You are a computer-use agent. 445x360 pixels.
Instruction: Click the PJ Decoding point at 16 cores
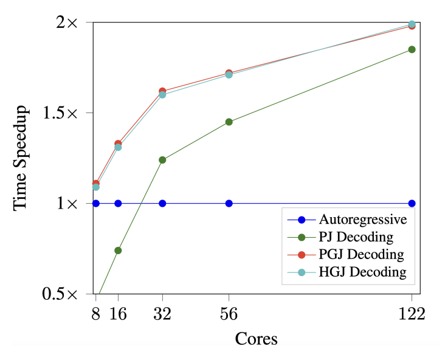(x=118, y=251)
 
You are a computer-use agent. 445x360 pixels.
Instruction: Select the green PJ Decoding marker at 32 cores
(x=162, y=160)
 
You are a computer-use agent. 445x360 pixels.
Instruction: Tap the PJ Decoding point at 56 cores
(x=229, y=122)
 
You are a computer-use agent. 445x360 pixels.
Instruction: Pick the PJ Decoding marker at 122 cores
(x=412, y=49)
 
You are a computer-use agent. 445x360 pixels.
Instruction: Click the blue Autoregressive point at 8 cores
(x=96, y=203)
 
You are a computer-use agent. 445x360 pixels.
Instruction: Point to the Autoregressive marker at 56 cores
(x=229, y=203)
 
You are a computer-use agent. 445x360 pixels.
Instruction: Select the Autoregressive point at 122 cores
(x=412, y=203)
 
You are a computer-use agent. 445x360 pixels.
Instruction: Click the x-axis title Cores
(x=257, y=339)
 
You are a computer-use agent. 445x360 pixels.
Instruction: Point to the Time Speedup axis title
(x=21, y=157)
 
